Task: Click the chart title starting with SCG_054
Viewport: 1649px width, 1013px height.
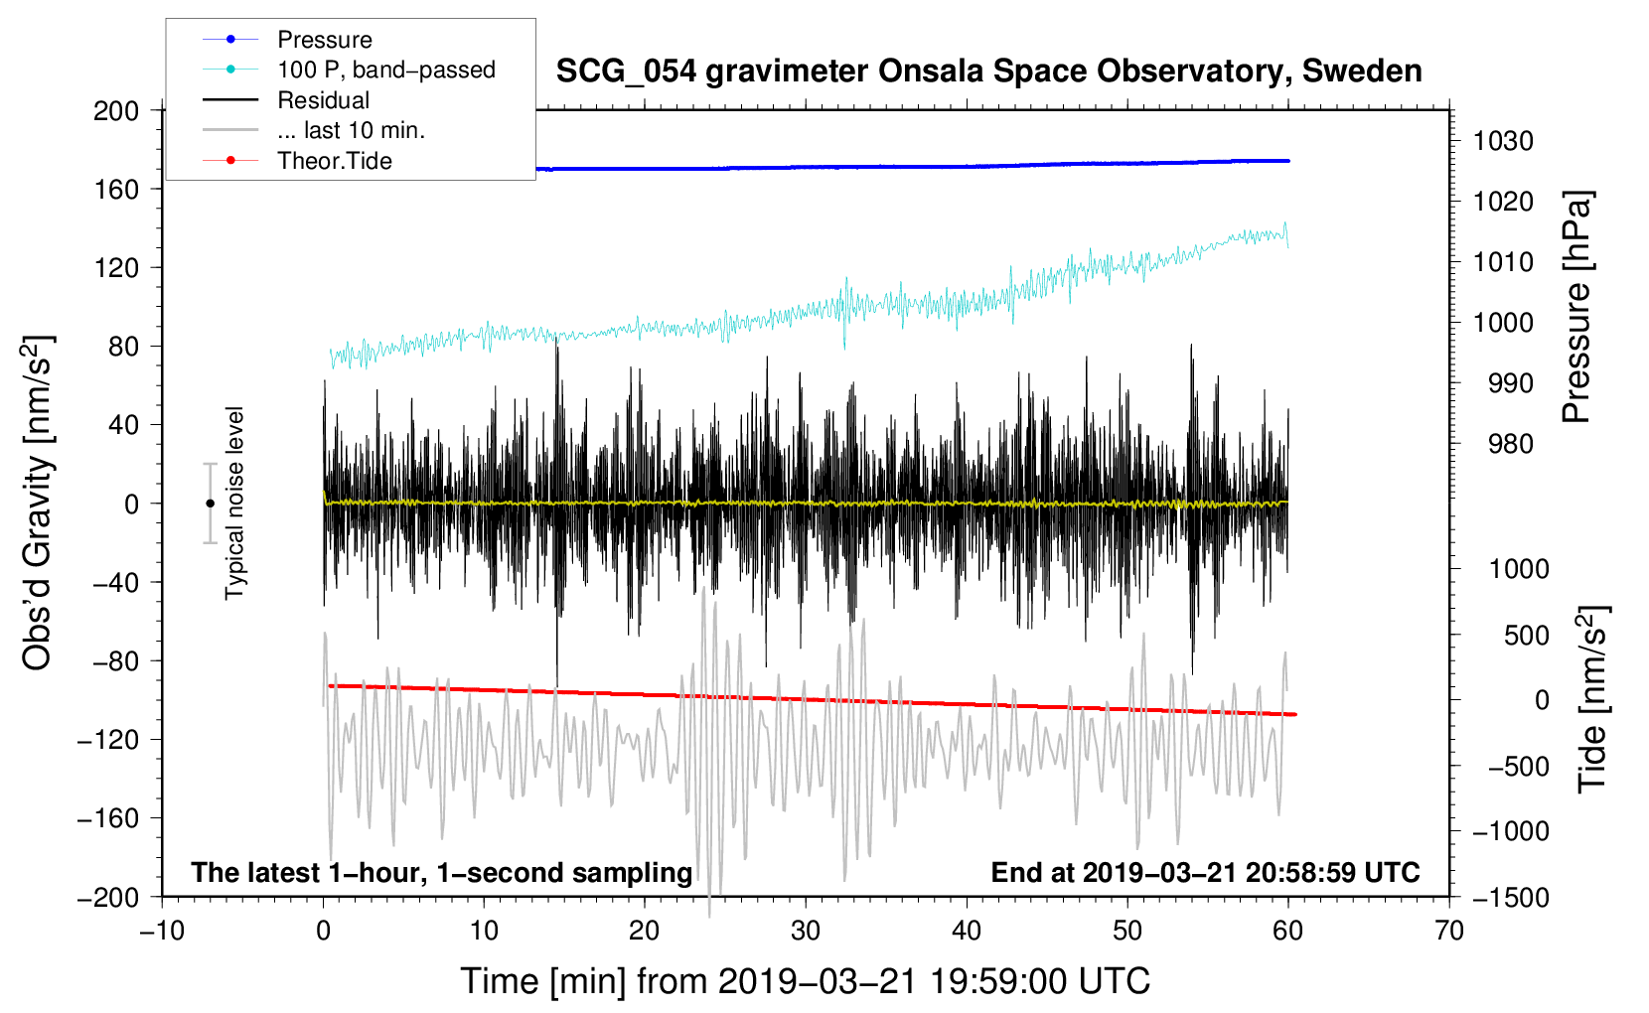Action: pos(988,72)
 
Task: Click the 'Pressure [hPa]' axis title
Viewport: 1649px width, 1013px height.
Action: pos(1576,307)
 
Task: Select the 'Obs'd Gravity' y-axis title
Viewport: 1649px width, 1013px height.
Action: pos(37,503)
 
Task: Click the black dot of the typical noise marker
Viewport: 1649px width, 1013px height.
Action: pos(210,504)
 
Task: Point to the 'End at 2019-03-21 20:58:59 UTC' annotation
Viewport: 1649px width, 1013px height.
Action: pos(1205,872)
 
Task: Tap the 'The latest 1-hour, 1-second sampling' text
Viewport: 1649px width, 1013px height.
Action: pos(442,873)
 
